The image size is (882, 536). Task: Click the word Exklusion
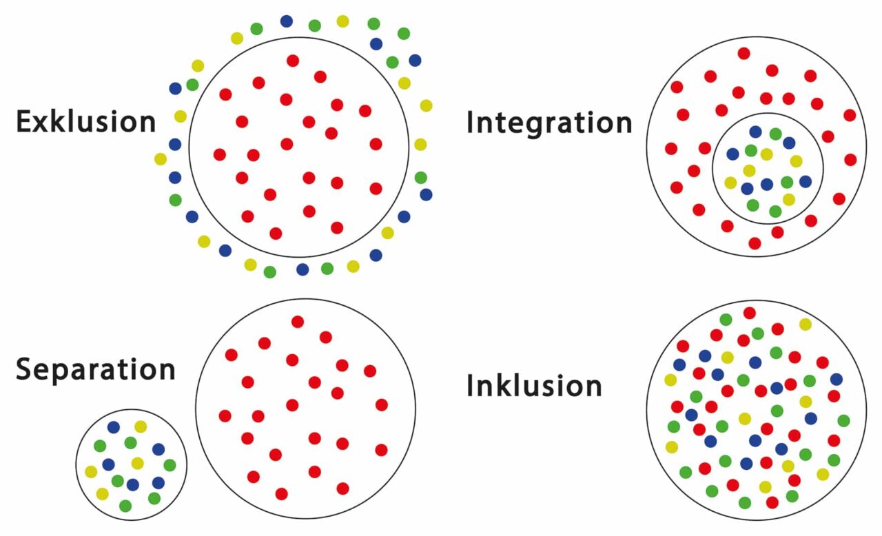point(86,122)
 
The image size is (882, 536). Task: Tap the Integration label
point(549,123)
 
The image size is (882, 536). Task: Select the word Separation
point(95,369)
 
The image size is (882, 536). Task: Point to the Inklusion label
point(534,386)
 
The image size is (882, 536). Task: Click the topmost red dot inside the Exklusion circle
point(293,61)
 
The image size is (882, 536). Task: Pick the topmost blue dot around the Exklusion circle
point(287,21)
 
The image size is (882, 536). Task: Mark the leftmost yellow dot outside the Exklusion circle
point(161,159)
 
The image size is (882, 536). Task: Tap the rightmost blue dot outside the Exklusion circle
point(426,194)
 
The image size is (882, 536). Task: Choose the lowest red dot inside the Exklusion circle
point(276,234)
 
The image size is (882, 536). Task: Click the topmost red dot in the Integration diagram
point(743,53)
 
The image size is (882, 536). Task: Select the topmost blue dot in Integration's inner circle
point(756,132)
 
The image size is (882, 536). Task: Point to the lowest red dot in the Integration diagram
point(755,243)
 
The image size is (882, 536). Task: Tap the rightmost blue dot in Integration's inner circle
point(806,181)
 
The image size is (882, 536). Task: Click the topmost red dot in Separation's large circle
point(298,322)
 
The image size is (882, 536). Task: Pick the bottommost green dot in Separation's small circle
point(125,506)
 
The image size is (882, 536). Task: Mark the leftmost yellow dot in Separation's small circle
point(91,472)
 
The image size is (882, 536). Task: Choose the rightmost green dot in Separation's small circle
point(170,465)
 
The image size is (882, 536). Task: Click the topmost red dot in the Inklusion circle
point(750,313)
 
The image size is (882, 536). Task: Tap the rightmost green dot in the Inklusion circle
point(843,420)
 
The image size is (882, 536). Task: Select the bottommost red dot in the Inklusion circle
point(772,502)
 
